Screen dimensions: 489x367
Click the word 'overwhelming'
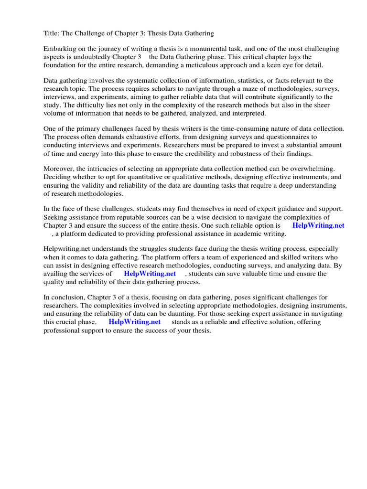(x=314, y=169)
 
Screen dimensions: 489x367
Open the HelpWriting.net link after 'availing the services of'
(x=150, y=274)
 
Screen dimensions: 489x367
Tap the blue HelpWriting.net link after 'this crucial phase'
(x=135, y=322)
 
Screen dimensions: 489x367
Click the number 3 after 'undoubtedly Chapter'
(x=140, y=57)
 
